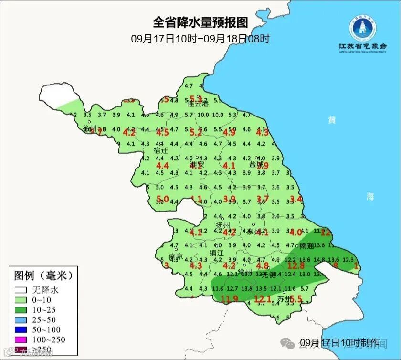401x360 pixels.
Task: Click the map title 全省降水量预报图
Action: [x=200, y=22]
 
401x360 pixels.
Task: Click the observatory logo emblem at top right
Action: [x=362, y=28]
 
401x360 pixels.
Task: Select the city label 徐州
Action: [x=90, y=128]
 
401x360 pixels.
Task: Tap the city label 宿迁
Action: [x=161, y=150]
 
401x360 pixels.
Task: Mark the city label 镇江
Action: [x=217, y=253]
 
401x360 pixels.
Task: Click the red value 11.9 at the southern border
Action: [x=229, y=299]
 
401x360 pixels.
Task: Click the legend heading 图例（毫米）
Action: [x=43, y=275]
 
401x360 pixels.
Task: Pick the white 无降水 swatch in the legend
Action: [x=21, y=289]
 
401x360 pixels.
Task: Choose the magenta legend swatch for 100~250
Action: [x=21, y=339]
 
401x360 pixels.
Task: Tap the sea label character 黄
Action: [x=331, y=120]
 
